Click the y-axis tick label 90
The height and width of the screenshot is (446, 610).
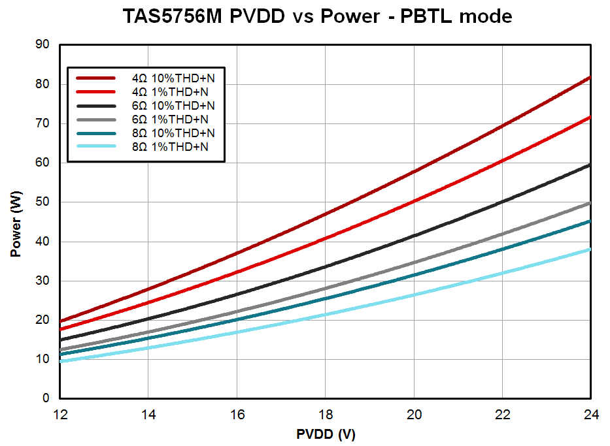[x=43, y=44]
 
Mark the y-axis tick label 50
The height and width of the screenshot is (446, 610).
[x=43, y=202]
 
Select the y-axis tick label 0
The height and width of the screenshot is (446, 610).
[x=46, y=398]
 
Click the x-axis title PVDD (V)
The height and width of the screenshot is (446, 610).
[x=325, y=434]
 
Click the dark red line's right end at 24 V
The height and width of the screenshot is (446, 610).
[x=590, y=77]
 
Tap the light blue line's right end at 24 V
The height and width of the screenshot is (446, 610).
[x=590, y=249]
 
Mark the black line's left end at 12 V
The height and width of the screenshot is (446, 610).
[x=61, y=340]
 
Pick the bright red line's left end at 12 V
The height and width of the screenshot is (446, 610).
[x=61, y=328]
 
